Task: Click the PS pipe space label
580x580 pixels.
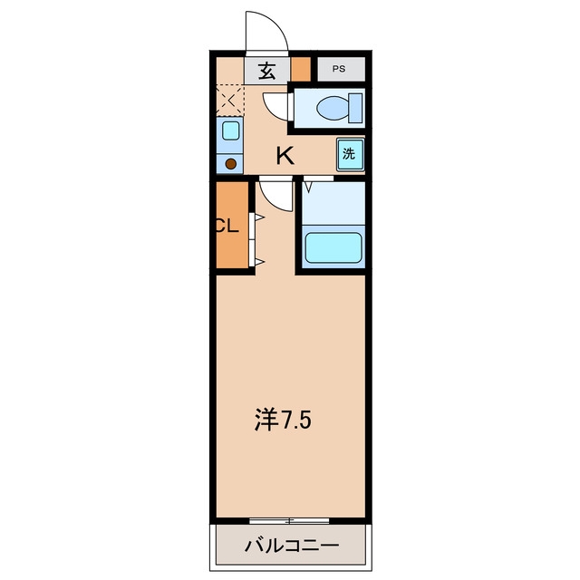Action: (x=338, y=69)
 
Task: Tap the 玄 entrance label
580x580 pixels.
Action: (x=266, y=71)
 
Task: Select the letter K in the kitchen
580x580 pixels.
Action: (x=285, y=156)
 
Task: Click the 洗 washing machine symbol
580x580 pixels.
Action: (x=350, y=154)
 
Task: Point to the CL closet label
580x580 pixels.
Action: (x=227, y=226)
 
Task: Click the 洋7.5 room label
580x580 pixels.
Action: (x=283, y=420)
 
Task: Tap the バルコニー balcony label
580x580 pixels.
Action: (x=292, y=546)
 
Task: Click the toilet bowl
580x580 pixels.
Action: (x=333, y=108)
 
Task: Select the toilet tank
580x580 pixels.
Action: (x=355, y=108)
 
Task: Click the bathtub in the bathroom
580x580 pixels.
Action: (x=333, y=247)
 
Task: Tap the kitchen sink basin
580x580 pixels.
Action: (x=230, y=130)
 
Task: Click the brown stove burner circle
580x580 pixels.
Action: (x=231, y=164)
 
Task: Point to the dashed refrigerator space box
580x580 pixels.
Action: (x=229, y=101)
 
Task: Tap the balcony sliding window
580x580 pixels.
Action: (x=289, y=521)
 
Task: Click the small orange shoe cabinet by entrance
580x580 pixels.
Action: (x=300, y=69)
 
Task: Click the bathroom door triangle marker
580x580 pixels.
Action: (x=308, y=188)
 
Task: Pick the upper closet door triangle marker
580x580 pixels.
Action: (x=260, y=217)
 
